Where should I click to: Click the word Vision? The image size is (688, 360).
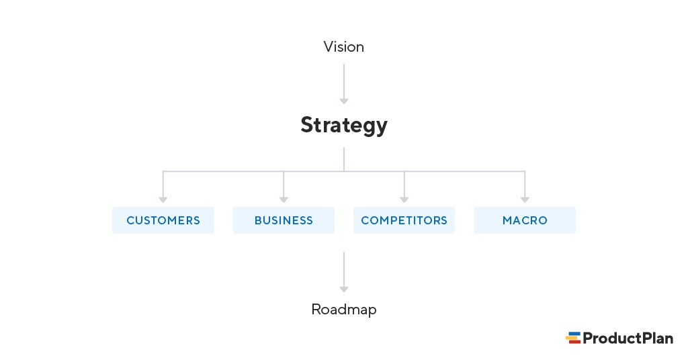(343, 47)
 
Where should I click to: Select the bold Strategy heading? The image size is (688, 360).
(343, 126)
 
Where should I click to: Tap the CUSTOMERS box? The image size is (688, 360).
(163, 220)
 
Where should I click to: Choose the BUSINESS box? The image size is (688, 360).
(284, 220)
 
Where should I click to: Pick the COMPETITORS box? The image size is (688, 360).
(404, 220)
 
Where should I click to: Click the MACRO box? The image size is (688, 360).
(525, 220)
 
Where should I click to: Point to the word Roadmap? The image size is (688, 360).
(343, 310)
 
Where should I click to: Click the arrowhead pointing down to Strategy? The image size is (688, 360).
(344, 101)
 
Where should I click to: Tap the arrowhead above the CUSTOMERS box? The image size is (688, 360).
(163, 199)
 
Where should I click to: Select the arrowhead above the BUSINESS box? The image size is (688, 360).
(284, 199)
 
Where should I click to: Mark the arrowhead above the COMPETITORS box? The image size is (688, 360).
(404, 199)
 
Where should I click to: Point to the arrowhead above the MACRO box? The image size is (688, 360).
(525, 199)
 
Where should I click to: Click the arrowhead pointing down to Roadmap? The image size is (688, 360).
(344, 289)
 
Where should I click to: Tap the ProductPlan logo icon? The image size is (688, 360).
(573, 338)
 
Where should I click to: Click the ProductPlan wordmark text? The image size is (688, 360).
(628, 339)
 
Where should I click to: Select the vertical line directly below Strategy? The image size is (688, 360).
(344, 159)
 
